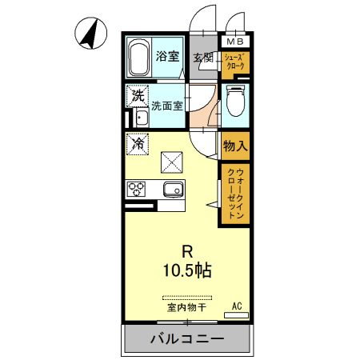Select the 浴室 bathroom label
click(x=166, y=57)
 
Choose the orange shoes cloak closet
click(x=235, y=62)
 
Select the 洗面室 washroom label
click(x=167, y=103)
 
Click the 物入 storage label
click(x=235, y=146)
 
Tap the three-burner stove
click(x=135, y=190)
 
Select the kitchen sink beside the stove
click(x=172, y=190)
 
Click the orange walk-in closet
click(x=235, y=194)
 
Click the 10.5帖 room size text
click(x=190, y=270)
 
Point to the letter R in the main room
click(x=189, y=248)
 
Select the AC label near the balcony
click(x=237, y=306)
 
